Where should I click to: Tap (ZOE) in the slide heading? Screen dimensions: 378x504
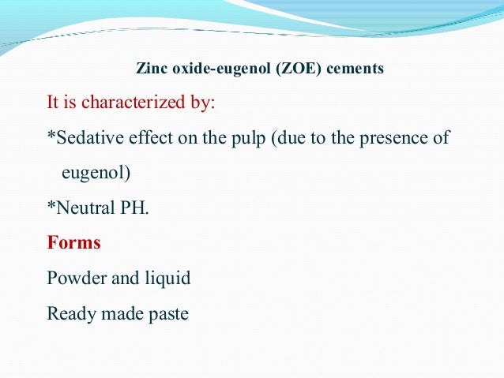click(298, 69)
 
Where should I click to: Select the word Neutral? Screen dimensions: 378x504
click(85, 208)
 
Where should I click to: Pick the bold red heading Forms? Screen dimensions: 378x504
click(74, 242)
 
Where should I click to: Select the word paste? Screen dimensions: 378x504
click(167, 313)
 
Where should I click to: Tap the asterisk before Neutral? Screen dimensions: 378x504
click(51, 207)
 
